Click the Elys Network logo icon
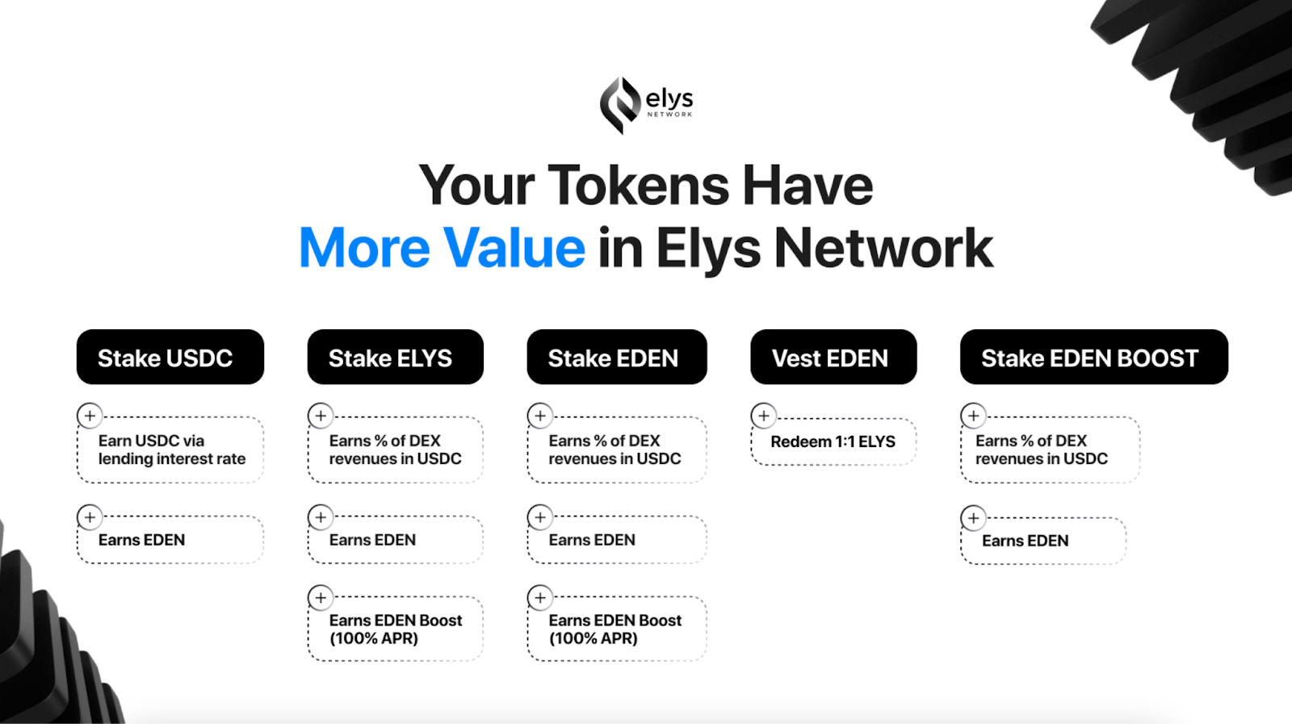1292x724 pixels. [620, 106]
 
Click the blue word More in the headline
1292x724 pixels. [364, 249]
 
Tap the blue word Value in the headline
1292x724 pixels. [514, 247]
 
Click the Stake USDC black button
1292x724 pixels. [170, 357]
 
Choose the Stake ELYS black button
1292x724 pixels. [395, 357]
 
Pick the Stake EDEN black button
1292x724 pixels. [617, 357]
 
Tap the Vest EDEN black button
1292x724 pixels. [833, 357]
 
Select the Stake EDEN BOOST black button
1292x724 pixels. [1094, 357]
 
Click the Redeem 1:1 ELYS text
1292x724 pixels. [833, 442]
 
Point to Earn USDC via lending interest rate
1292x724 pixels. [172, 450]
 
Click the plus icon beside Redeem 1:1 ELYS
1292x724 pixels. [764, 416]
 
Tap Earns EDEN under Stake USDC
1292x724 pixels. [141, 540]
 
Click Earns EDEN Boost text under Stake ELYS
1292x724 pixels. [396, 629]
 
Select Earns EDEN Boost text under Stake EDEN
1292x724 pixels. [615, 629]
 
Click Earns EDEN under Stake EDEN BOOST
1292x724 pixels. [1025, 541]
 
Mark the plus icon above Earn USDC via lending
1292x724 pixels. [90, 416]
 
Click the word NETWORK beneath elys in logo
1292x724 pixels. [669, 114]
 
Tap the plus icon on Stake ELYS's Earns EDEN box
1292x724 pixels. [321, 517]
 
